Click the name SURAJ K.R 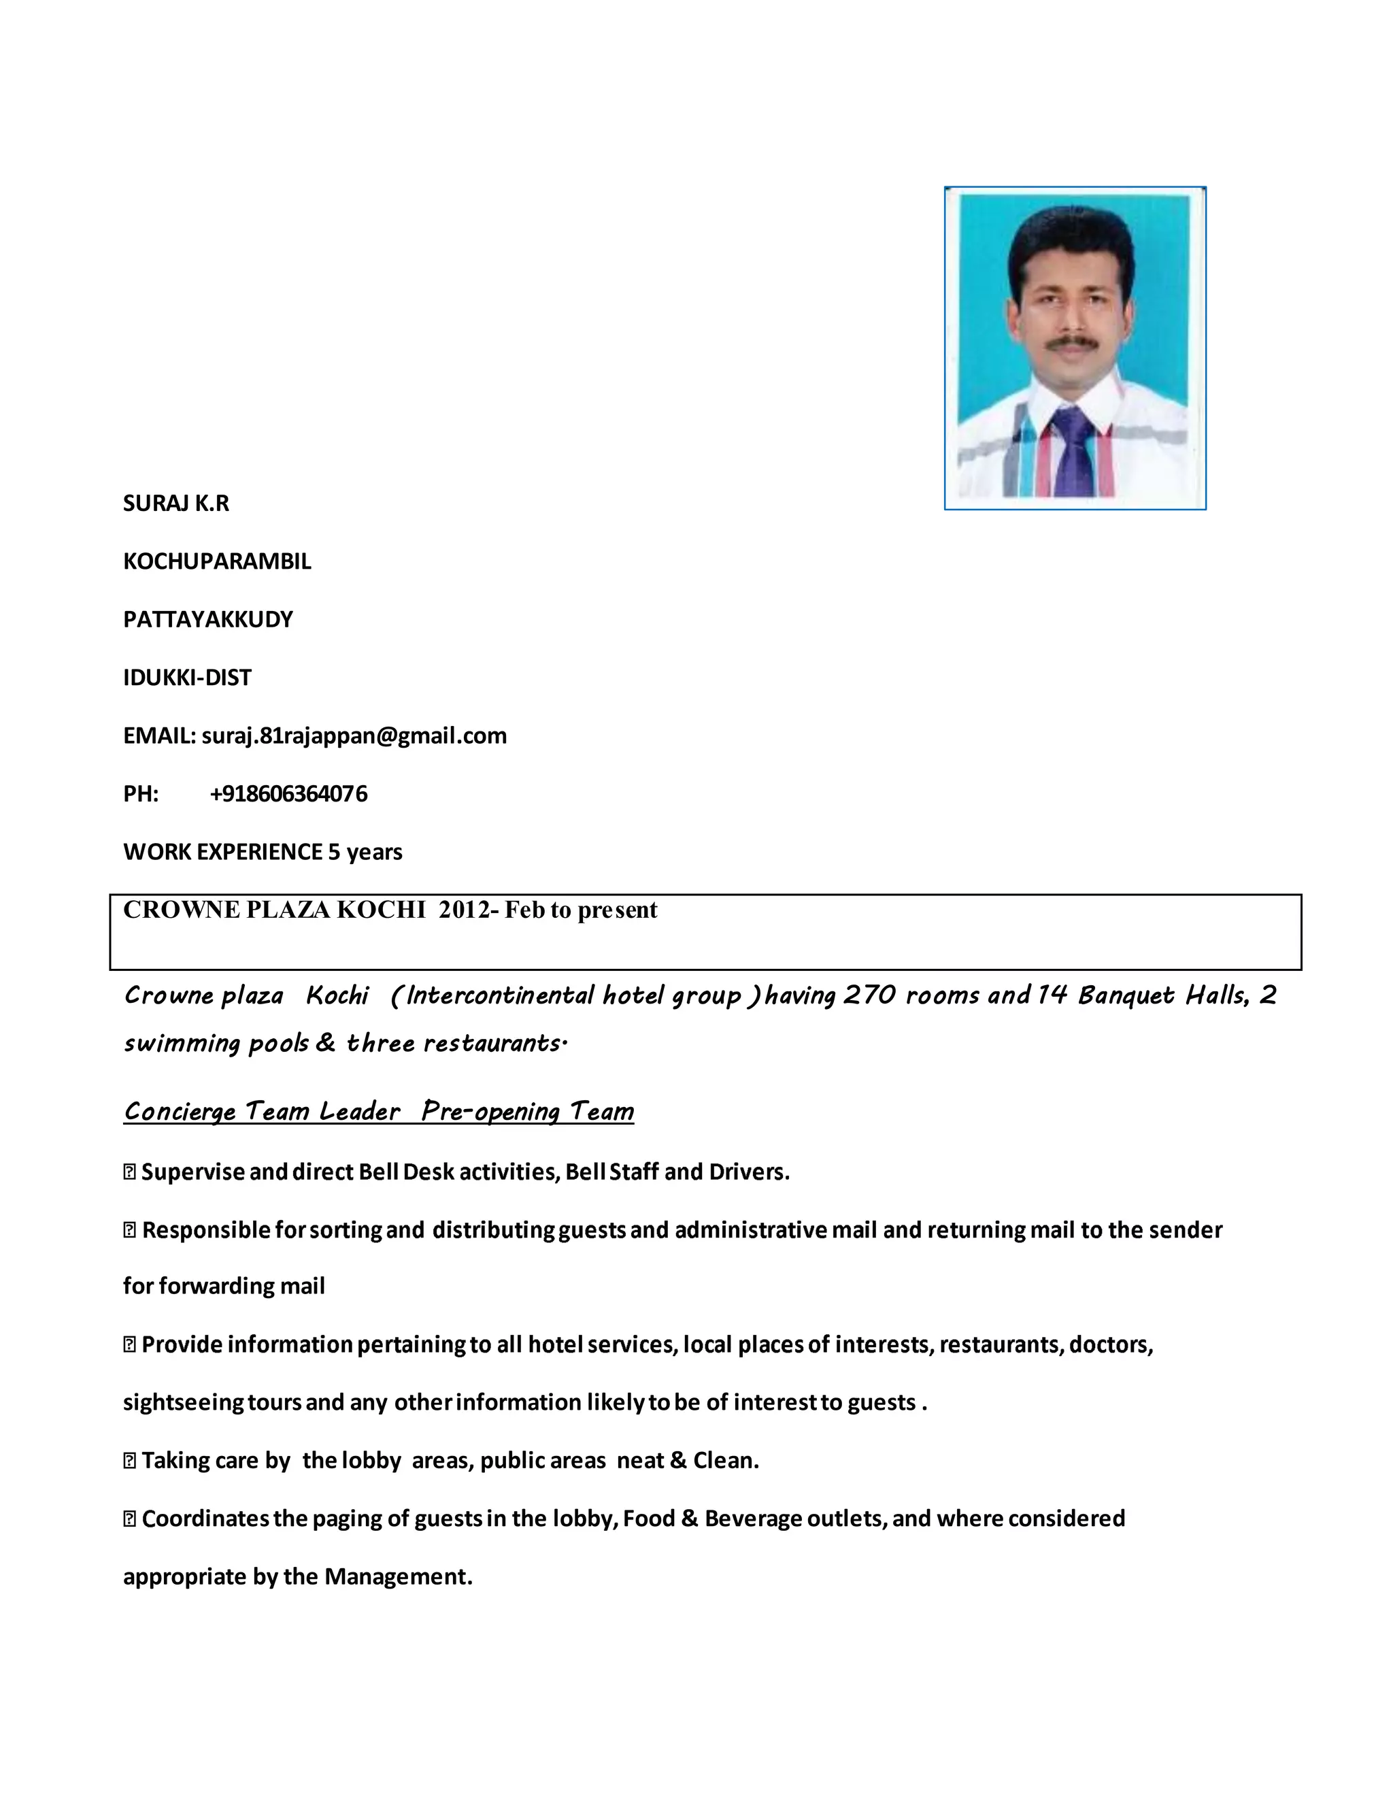tap(175, 503)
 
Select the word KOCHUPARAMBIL tap(217, 561)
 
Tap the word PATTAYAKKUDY tap(208, 619)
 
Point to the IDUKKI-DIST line tap(187, 678)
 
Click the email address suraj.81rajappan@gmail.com tap(354, 735)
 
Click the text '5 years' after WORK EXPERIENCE tap(365, 852)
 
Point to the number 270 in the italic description tap(869, 995)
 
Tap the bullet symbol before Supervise tap(129, 1172)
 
